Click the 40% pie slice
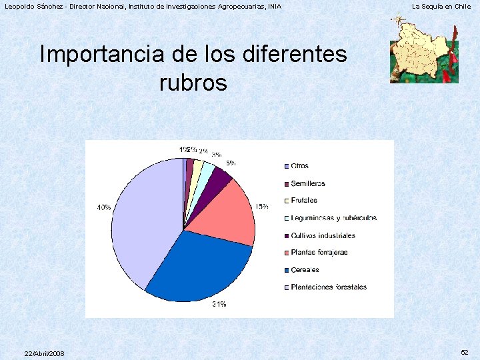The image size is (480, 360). pyautogui.click(x=143, y=220)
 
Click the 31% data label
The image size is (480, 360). pyautogui.click(x=219, y=305)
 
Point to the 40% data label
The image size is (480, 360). pyautogui.click(x=104, y=208)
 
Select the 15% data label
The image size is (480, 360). pyautogui.click(x=261, y=207)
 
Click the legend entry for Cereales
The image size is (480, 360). pyautogui.click(x=305, y=270)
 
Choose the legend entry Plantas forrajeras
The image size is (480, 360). pyautogui.click(x=319, y=253)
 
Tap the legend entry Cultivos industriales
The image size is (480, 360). pyautogui.click(x=323, y=235)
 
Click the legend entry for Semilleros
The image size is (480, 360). pyautogui.click(x=308, y=183)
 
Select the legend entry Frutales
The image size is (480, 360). pyautogui.click(x=304, y=201)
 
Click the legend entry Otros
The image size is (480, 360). pyautogui.click(x=299, y=166)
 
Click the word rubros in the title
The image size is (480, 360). pyautogui.click(x=193, y=83)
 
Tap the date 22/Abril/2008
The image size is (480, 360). pyautogui.click(x=44, y=353)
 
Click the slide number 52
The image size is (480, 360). pyautogui.click(x=464, y=352)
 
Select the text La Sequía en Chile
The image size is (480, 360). pyautogui.click(x=441, y=6)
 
